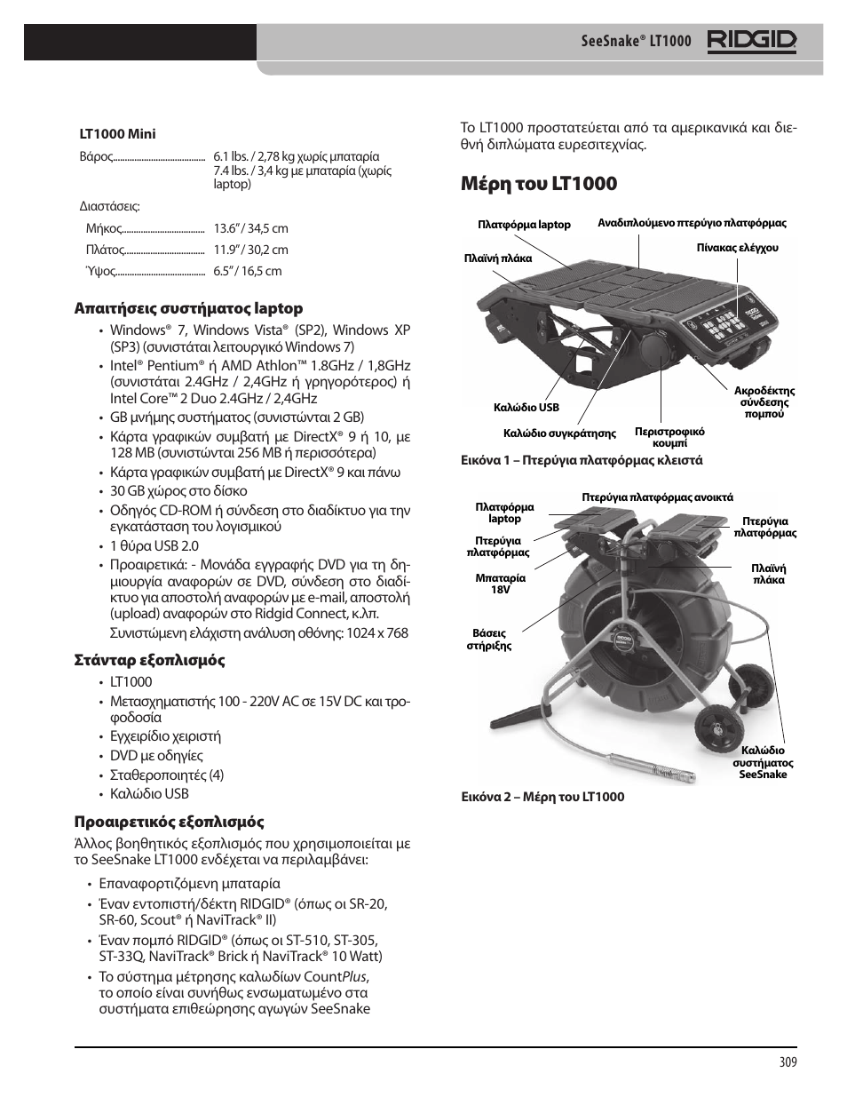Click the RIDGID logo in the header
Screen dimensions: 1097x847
[752, 41]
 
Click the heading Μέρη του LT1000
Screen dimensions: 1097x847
[539, 184]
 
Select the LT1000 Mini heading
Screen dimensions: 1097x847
[117, 134]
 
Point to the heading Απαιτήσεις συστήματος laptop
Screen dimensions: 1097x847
[187, 308]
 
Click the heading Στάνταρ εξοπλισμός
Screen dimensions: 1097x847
[148, 660]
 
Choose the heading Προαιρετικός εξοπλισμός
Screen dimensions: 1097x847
[168, 822]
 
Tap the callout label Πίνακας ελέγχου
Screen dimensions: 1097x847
[737, 248]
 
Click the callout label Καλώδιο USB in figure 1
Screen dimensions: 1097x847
[526, 408]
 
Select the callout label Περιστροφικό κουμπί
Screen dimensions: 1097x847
[669, 437]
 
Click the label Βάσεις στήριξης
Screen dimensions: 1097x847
[489, 640]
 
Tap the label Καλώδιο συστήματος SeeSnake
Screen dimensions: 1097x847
[763, 762]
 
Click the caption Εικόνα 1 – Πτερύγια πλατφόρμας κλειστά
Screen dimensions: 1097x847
[581, 460]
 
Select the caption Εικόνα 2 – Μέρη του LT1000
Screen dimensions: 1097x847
[542, 797]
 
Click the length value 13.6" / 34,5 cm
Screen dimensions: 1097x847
[250, 228]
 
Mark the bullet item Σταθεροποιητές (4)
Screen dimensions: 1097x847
[167, 775]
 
